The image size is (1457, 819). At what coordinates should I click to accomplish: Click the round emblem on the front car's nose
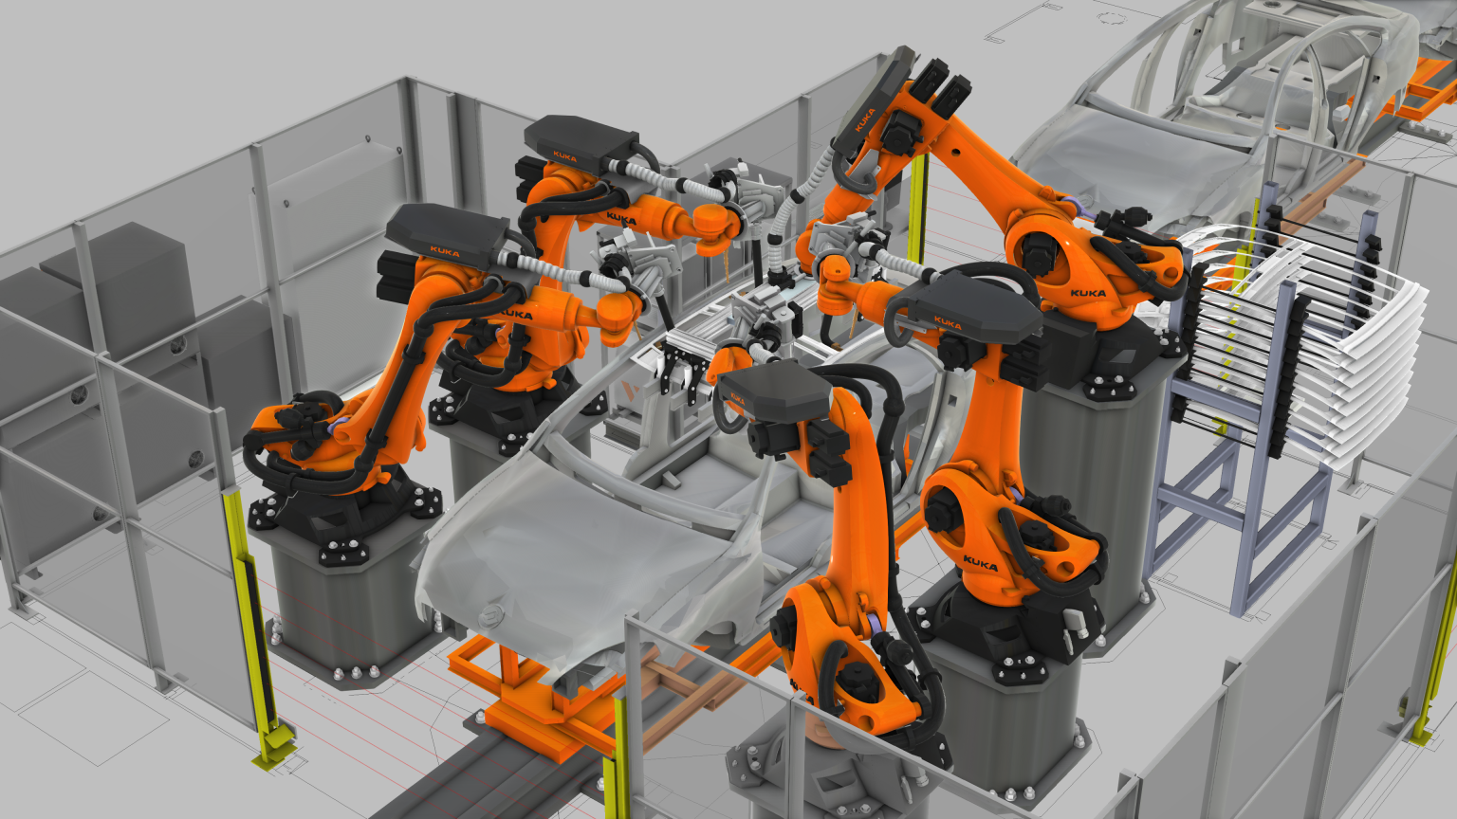pos(490,617)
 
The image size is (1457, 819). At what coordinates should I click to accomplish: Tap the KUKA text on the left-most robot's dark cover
pos(444,251)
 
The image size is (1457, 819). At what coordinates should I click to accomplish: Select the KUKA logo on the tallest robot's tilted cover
pos(864,119)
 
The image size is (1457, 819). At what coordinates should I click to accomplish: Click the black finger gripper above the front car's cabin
pos(683,371)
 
